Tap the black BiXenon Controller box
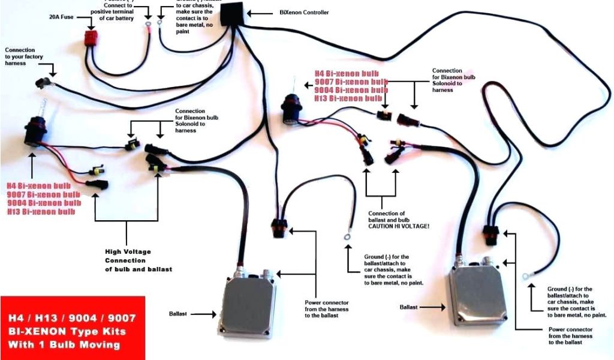[x=233, y=13]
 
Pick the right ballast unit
[x=478, y=296]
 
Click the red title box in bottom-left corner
[x=72, y=328]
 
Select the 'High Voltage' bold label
[x=128, y=251]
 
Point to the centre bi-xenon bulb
[x=294, y=107]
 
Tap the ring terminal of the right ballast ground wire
[x=525, y=276]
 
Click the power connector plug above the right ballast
[x=489, y=233]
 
